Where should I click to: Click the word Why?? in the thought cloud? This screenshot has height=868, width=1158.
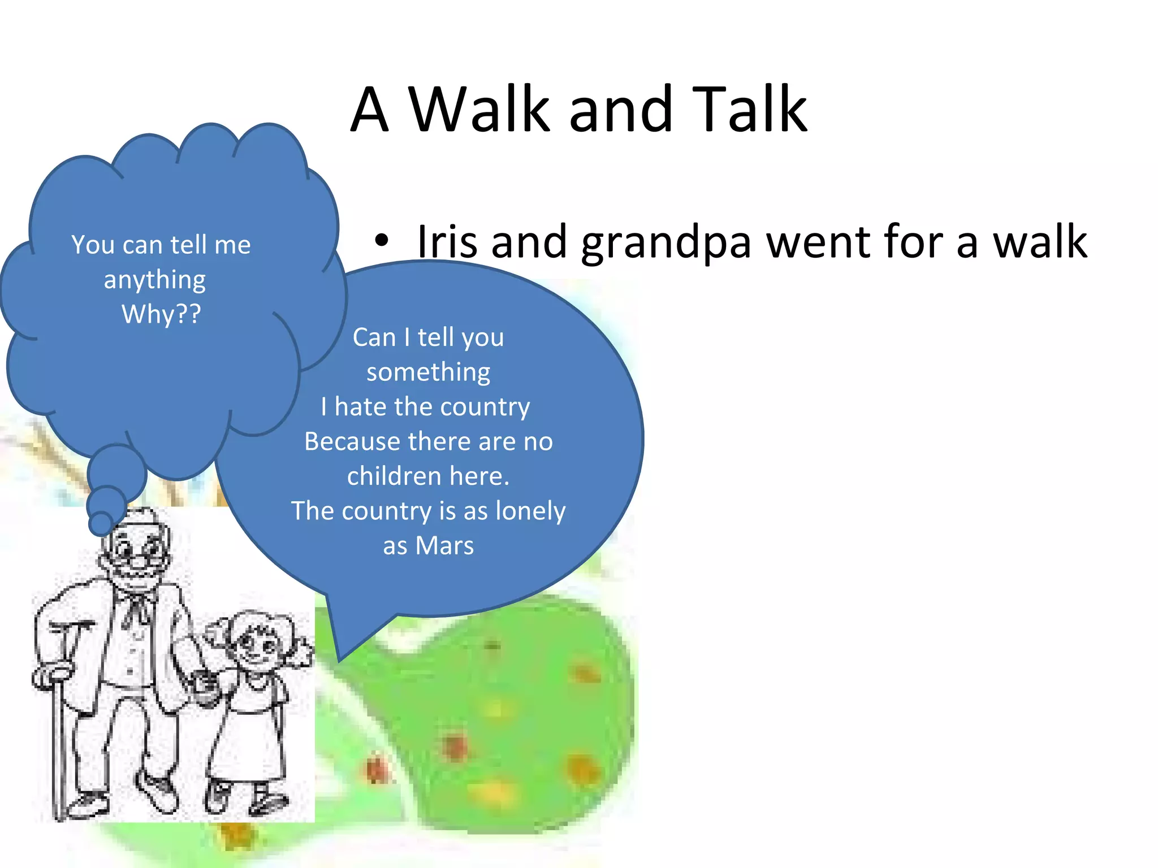pyautogui.click(x=161, y=314)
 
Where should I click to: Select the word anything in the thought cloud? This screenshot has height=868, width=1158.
pyautogui.click(x=154, y=280)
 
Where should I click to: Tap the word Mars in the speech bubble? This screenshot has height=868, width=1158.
pyautogui.click(x=444, y=546)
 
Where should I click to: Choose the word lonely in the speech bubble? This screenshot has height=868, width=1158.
pyautogui.click(x=530, y=511)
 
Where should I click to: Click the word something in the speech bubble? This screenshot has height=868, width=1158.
pyautogui.click(x=428, y=372)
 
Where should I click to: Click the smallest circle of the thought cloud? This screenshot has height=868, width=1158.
pyautogui.click(x=101, y=523)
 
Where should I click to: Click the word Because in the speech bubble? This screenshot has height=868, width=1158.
pyautogui.click(x=352, y=442)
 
